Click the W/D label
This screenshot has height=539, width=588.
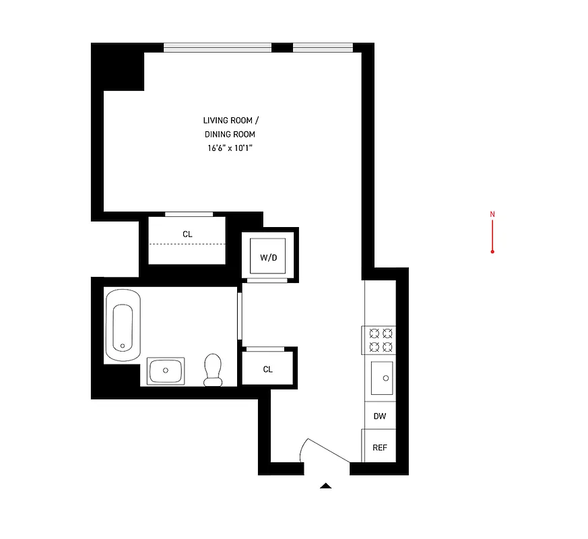click(x=269, y=257)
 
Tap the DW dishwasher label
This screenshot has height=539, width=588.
click(x=380, y=416)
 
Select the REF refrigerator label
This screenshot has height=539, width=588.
click(x=380, y=448)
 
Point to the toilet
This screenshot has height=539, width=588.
click(x=214, y=370)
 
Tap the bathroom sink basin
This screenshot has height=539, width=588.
click(x=165, y=371)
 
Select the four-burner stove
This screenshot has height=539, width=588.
click(x=380, y=340)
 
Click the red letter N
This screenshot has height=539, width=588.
click(x=492, y=215)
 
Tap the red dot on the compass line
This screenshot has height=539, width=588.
click(x=492, y=251)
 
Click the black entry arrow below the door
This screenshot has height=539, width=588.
click(x=326, y=485)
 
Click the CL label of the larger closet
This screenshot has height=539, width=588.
click(x=187, y=234)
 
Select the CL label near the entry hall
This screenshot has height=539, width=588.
click(x=268, y=369)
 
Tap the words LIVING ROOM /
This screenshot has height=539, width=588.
click(x=230, y=120)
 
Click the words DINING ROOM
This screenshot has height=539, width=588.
click(x=230, y=134)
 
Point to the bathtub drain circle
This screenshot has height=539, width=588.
click(x=122, y=346)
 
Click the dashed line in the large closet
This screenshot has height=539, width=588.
click(x=187, y=243)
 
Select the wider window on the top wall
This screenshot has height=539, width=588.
click(x=217, y=47)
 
